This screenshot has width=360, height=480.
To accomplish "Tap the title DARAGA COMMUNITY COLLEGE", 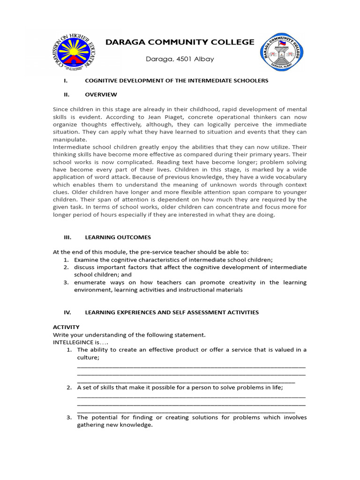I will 180,42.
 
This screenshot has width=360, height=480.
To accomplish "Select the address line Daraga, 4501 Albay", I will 180,59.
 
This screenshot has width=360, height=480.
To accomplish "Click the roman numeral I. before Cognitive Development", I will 66,81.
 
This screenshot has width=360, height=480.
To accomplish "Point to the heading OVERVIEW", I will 101,95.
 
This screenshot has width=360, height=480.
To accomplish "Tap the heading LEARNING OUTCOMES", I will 118,237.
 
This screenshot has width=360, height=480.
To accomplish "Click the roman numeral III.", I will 67,237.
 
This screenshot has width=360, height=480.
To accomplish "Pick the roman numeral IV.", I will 67,312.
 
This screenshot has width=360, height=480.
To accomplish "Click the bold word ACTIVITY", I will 66,327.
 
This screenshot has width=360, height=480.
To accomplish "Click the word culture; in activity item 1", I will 89,358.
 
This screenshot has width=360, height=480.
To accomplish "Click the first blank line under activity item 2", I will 191,396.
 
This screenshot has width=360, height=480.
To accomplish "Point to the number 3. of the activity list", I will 68,418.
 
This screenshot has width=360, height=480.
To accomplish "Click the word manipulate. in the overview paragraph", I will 70,140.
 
